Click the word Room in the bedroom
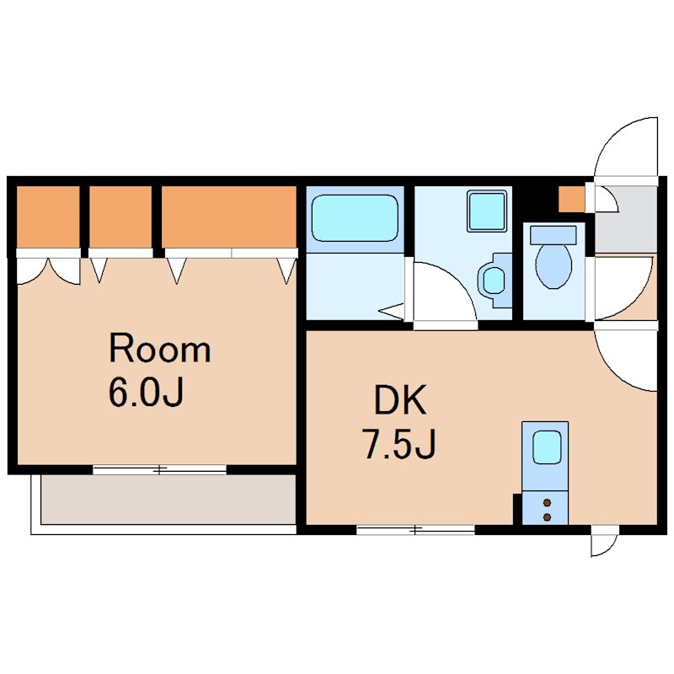pos(160,349)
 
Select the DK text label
pos(401,400)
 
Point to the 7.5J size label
pos(400,445)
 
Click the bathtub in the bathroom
pos(355,218)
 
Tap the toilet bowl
pos(554,265)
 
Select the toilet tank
pos(554,235)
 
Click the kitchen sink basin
pos(547,447)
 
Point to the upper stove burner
pos(547,503)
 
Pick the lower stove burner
pos(547,516)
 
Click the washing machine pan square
pos(487,211)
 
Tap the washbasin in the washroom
pos(493,281)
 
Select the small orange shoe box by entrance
pos(572,199)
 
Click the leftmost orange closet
pos(48,217)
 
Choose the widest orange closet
pos(229,217)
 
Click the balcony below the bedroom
pos(168,499)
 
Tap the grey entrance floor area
pos(626,219)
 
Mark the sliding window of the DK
pos(415,530)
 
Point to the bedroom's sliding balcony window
pos(159,470)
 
